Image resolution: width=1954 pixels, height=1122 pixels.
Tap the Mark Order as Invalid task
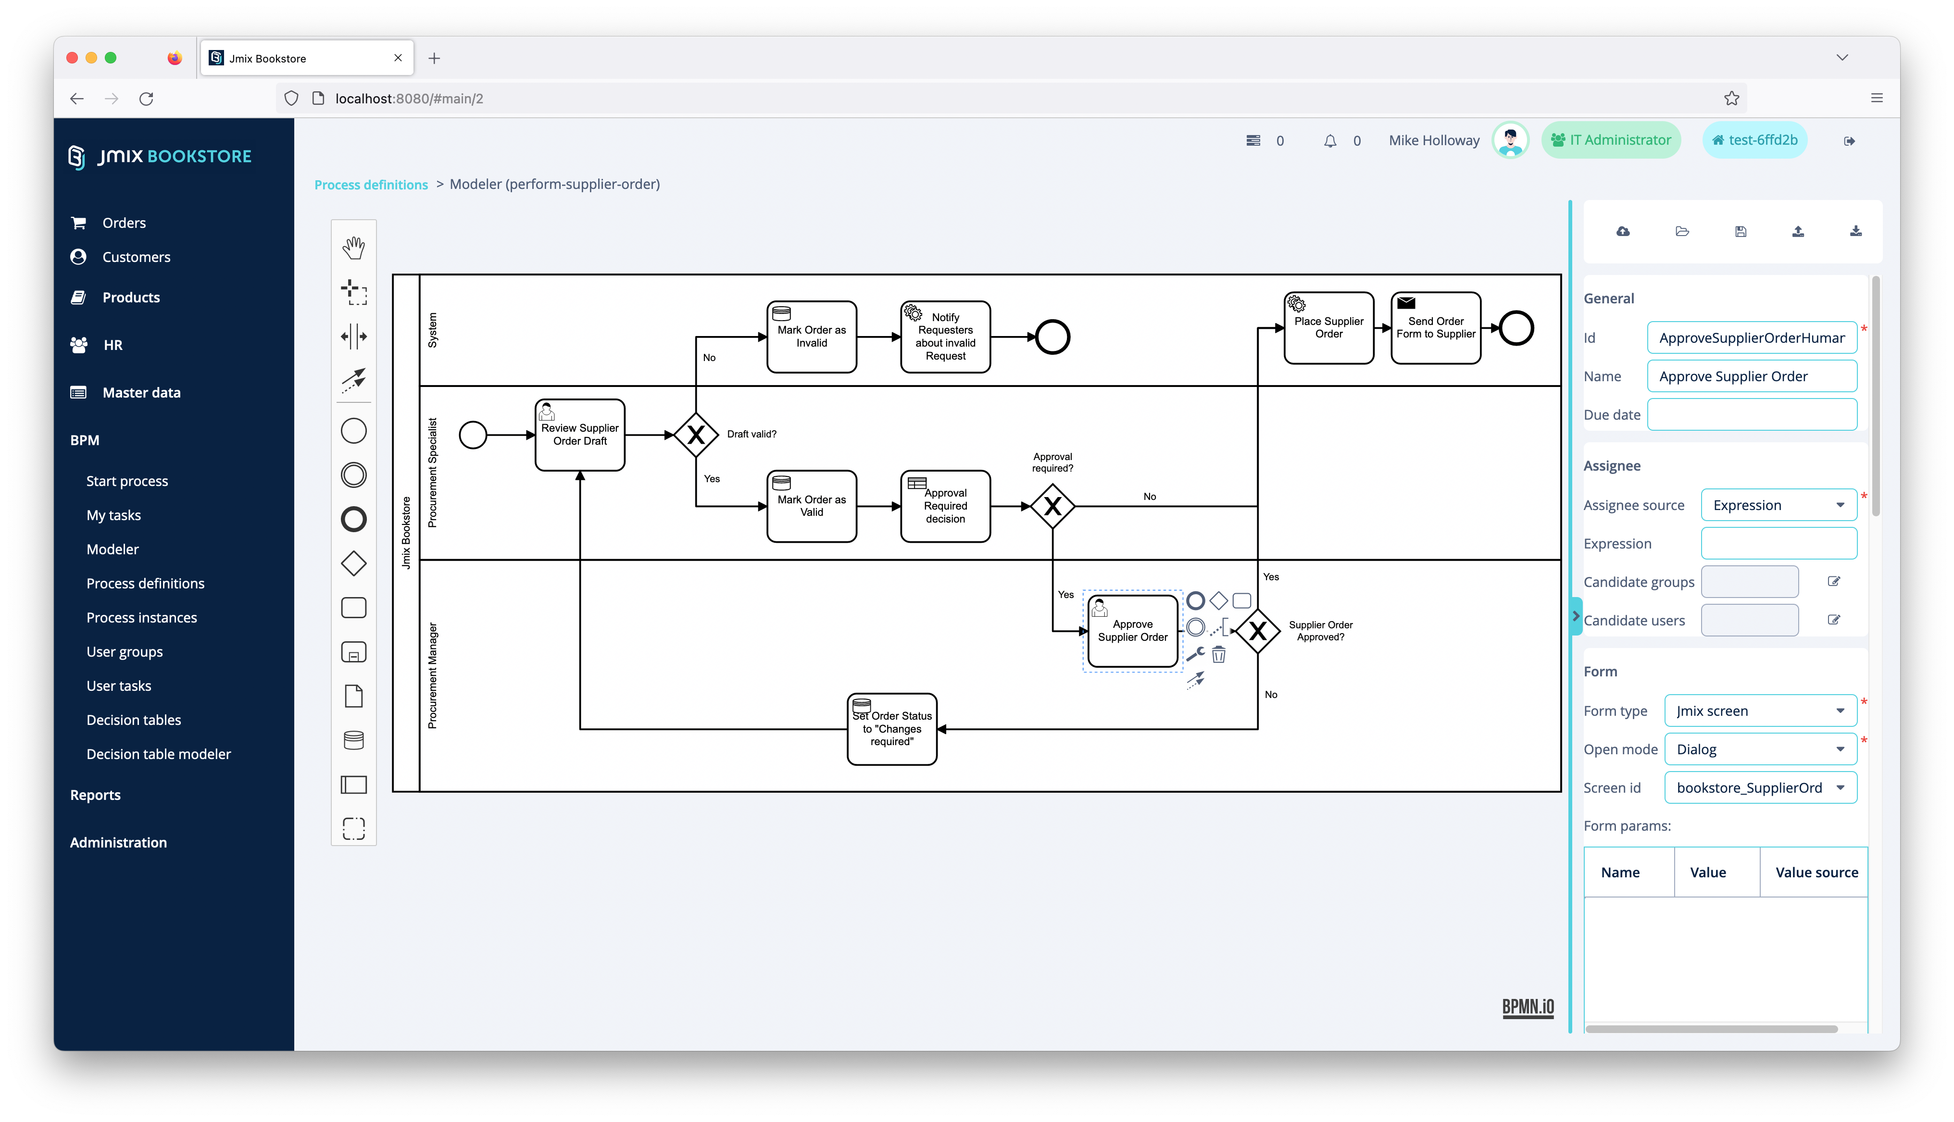click(811, 337)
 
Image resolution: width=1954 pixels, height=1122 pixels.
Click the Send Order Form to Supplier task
click(1436, 327)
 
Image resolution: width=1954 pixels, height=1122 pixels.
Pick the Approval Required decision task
click(945, 506)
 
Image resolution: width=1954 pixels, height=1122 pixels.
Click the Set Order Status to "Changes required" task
click(891, 729)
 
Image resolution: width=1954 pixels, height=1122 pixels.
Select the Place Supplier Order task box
click(1328, 327)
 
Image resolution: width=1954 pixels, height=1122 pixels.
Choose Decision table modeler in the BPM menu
click(158, 754)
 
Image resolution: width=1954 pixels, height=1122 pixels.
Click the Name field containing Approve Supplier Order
click(1752, 376)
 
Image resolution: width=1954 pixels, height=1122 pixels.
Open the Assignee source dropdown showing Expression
click(1779, 505)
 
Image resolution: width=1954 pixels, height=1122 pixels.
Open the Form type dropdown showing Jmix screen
click(1760, 711)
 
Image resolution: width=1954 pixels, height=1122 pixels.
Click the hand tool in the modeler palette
click(354, 248)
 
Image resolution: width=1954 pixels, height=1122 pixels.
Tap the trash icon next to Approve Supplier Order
click(1219, 655)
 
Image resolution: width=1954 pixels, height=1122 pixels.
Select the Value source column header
click(1816, 873)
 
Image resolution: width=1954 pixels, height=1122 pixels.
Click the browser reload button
click(146, 99)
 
